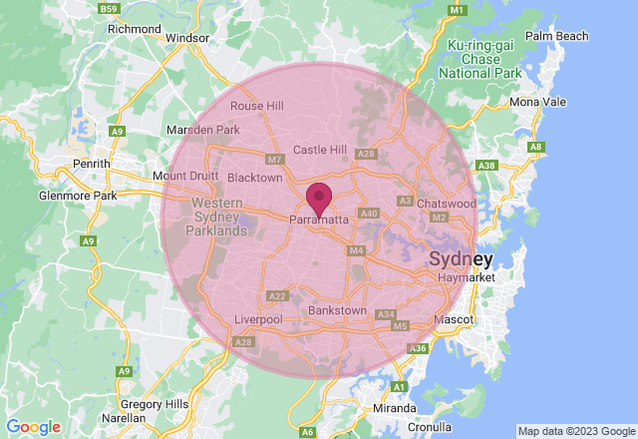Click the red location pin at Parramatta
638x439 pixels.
(x=319, y=197)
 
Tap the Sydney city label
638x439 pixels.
(x=461, y=259)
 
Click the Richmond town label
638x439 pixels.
(x=134, y=29)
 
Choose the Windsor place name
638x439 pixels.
(x=187, y=38)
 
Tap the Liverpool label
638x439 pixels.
(x=258, y=318)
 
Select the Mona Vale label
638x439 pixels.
(x=537, y=102)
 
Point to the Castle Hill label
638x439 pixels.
(x=319, y=150)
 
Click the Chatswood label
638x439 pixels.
(x=446, y=204)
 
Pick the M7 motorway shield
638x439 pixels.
(x=275, y=160)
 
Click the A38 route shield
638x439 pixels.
(x=487, y=166)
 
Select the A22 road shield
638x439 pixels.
(x=278, y=296)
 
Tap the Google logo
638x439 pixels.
(x=33, y=427)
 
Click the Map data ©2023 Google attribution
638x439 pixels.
(x=575, y=431)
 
